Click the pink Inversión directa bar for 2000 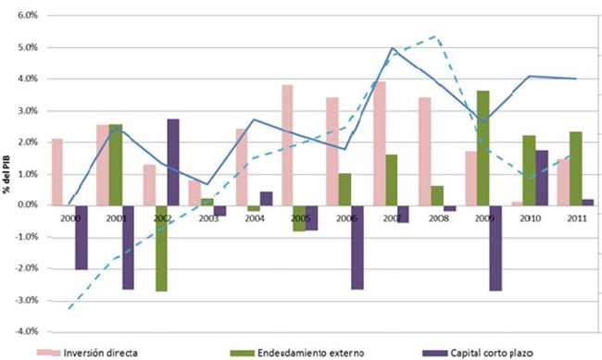click(x=57, y=171)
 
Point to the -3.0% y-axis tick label click(x=24, y=300)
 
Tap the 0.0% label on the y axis click(x=25, y=205)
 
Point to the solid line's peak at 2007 click(x=393, y=48)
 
